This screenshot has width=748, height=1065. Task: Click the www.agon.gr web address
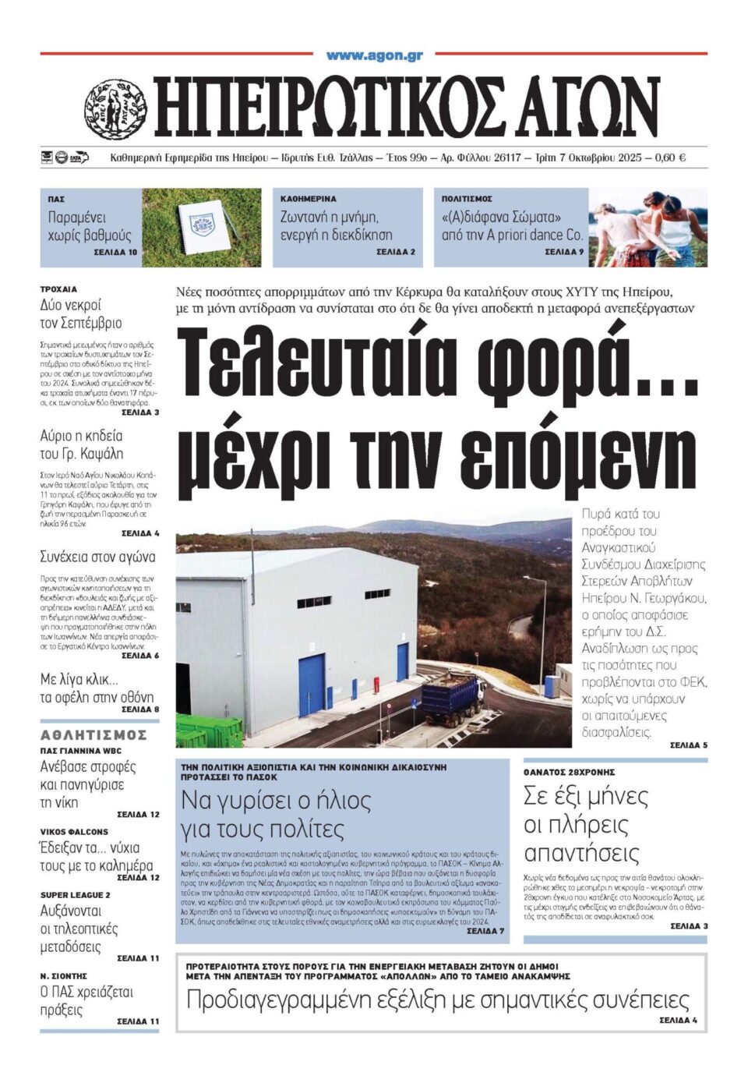pyautogui.click(x=374, y=55)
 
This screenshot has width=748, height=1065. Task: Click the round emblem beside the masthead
pyautogui.click(x=115, y=110)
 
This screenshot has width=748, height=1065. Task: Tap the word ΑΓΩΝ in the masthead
pyautogui.click(x=591, y=108)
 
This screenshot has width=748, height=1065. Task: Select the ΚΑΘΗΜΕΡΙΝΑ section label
pyautogui.click(x=309, y=200)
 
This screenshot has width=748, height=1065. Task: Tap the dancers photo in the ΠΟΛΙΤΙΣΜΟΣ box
pyautogui.click(x=647, y=228)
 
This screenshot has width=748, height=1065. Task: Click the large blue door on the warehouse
pyautogui.click(x=312, y=685)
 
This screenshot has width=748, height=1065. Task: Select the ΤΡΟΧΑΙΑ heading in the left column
pyautogui.click(x=58, y=289)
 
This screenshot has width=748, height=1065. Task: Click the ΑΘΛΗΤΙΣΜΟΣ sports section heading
pyautogui.click(x=93, y=735)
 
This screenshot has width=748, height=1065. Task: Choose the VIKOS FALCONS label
pyautogui.click(x=74, y=832)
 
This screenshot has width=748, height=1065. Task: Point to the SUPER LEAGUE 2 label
pyautogui.click(x=75, y=895)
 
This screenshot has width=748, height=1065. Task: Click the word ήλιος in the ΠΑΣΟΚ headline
pyautogui.click(x=334, y=801)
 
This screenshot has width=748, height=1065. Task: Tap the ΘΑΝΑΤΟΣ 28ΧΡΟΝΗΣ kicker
pyautogui.click(x=569, y=772)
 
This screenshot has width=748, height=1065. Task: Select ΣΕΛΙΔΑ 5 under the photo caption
pyautogui.click(x=688, y=745)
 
